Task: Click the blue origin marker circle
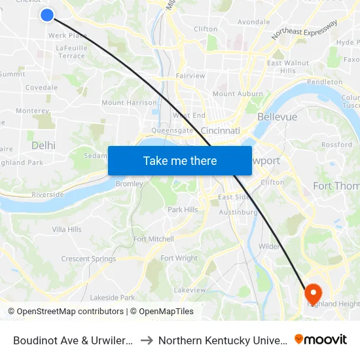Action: [47, 14]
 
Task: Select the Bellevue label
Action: [277, 117]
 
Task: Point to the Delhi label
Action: [43, 145]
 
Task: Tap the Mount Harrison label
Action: [129, 103]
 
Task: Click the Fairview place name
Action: [190, 76]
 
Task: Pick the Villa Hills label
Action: [67, 230]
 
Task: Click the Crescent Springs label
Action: [88, 259]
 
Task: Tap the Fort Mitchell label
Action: [153, 240]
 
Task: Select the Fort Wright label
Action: [179, 259]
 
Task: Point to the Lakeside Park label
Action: [112, 298]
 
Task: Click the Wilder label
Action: [269, 247]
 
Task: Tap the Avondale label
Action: [253, 22]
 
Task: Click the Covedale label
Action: [41, 88]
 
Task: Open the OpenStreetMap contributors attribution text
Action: [65, 312]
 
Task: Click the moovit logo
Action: [321, 339]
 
